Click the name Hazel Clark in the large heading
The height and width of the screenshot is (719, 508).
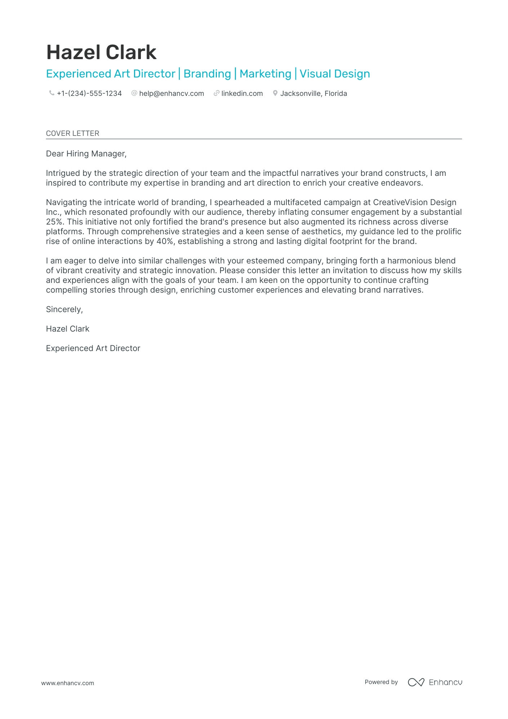(x=101, y=52)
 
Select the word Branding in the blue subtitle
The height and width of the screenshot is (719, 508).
(x=207, y=74)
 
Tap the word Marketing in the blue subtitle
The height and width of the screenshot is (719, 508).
(x=265, y=74)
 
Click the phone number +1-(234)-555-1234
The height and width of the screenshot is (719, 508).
(x=89, y=93)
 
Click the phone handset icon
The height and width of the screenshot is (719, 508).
(x=52, y=93)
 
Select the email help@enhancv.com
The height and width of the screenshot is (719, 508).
(x=171, y=93)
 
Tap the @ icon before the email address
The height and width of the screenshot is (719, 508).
(x=134, y=93)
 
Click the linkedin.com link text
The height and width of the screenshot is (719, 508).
(x=242, y=93)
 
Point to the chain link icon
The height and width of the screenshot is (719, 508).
(x=217, y=93)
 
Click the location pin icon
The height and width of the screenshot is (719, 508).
(x=275, y=93)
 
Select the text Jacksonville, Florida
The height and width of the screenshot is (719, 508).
(x=313, y=93)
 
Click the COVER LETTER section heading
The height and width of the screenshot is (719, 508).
(x=72, y=133)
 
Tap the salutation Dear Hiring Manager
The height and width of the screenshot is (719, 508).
(x=86, y=154)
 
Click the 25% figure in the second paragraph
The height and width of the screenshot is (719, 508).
(x=55, y=222)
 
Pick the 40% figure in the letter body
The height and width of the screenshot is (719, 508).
(x=165, y=241)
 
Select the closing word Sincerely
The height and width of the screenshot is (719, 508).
(x=64, y=310)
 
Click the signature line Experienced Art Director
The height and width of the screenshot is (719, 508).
(x=93, y=349)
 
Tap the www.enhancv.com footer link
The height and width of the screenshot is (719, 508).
(x=67, y=683)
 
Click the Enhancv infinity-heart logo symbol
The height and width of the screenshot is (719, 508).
(x=416, y=682)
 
